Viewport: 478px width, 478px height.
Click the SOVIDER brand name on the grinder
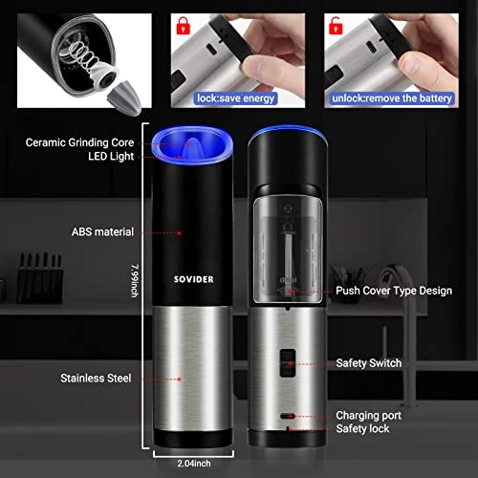[x=193, y=279]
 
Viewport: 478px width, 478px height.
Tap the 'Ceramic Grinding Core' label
[x=79, y=142]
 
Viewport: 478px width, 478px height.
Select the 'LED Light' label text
[x=111, y=157]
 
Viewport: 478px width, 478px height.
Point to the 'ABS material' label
[x=102, y=232]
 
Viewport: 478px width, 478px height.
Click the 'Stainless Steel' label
[x=96, y=379]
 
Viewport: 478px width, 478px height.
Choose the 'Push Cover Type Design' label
[x=394, y=291]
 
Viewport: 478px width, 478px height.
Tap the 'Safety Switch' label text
[x=369, y=363]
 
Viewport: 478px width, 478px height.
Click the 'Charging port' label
[x=368, y=416]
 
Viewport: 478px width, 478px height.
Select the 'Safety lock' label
[x=362, y=429]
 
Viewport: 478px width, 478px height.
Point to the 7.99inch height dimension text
[x=135, y=281]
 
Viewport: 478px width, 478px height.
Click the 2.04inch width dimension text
[x=194, y=464]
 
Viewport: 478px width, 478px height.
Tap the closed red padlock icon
[x=183, y=26]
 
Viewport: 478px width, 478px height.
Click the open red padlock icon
[x=336, y=26]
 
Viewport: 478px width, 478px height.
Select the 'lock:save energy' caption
[x=235, y=98]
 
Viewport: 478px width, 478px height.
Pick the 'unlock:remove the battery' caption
[x=392, y=98]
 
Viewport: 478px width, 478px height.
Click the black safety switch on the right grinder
[x=288, y=363]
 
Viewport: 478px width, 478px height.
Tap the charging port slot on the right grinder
[x=287, y=416]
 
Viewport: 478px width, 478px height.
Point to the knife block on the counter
[x=39, y=278]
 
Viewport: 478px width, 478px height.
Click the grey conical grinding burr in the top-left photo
[x=125, y=98]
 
